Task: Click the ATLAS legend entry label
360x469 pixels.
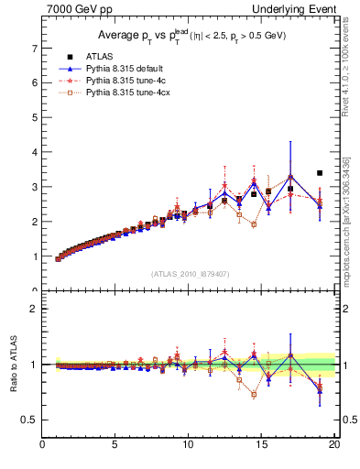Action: pos(96,57)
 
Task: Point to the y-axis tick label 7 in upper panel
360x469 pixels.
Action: pos(33,48)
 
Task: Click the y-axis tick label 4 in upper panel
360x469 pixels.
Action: pos(33,152)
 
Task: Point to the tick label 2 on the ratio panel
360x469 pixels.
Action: pos(33,309)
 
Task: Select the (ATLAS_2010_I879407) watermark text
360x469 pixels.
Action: pos(191,274)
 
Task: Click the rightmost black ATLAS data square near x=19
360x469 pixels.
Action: pos(320,172)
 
